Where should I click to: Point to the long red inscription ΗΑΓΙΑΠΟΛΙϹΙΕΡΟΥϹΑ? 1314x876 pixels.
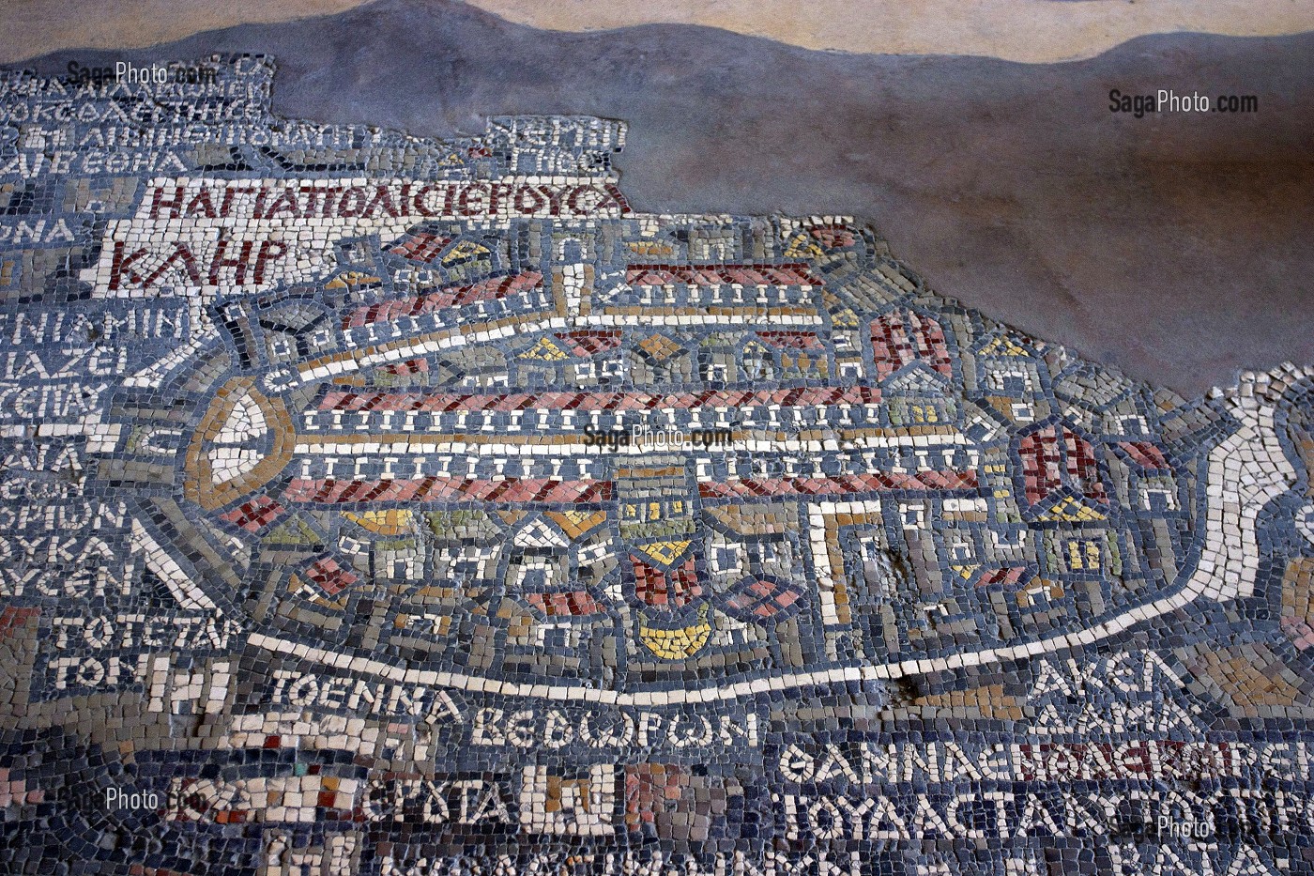pyautogui.click(x=389, y=199)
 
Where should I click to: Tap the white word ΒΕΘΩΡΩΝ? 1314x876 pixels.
pyautogui.click(x=614, y=729)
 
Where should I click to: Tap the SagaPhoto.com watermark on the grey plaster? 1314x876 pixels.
pyautogui.click(x=1182, y=102)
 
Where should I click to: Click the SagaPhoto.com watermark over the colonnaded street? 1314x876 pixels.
pyautogui.click(x=657, y=437)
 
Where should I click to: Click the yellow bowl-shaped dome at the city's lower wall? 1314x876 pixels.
pyautogui.click(x=673, y=637)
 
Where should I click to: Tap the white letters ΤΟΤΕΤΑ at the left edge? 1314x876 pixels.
pyautogui.click(x=141, y=631)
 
